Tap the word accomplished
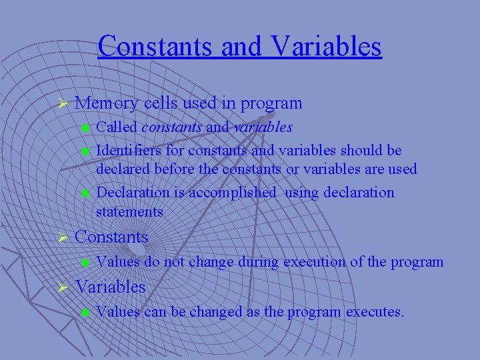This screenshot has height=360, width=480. point(232,193)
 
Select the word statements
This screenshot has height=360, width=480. point(129,212)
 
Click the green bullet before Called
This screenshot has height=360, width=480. point(85,127)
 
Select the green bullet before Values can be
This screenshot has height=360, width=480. point(85,312)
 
